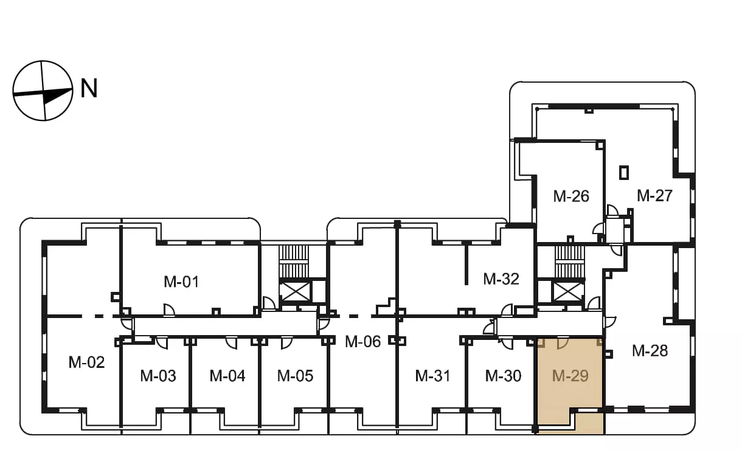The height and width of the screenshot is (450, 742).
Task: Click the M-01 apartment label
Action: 181,282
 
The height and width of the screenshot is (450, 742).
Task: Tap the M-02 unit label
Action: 86,362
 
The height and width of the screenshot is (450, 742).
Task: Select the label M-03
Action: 158,376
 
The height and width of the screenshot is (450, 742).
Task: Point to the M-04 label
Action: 227,376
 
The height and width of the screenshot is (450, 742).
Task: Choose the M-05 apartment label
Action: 295,376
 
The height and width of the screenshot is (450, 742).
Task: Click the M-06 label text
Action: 362,341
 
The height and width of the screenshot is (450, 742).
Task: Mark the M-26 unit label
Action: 571,196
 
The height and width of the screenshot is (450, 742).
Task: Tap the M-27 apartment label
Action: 654,195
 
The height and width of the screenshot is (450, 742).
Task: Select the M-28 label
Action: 650,351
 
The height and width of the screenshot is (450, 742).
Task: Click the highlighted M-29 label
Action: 570,376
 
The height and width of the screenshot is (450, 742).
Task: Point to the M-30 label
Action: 503,376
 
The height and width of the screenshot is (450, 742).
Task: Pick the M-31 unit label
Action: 433,376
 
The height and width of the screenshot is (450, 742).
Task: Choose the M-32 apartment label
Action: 501,279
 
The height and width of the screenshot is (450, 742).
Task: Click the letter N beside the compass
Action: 89,88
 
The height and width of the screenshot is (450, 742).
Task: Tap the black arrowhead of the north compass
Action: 57,95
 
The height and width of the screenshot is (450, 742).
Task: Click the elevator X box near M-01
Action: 295,292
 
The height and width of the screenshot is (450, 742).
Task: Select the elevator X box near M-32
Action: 569,291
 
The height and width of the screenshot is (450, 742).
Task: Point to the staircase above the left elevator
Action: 294,261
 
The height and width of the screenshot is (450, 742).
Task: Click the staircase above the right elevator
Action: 569,262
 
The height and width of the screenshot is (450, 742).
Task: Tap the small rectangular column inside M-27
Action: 624,173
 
